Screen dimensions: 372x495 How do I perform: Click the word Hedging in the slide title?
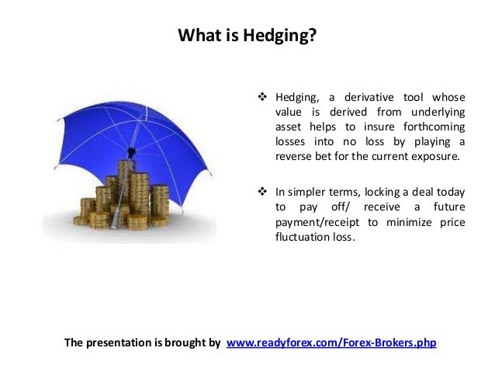(x=284, y=36)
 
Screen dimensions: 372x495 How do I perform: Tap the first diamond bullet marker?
(x=261, y=97)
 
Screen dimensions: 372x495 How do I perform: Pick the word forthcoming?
(x=430, y=127)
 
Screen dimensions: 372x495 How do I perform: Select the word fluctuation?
(x=304, y=237)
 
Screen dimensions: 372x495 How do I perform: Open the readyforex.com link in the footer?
(x=331, y=342)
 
